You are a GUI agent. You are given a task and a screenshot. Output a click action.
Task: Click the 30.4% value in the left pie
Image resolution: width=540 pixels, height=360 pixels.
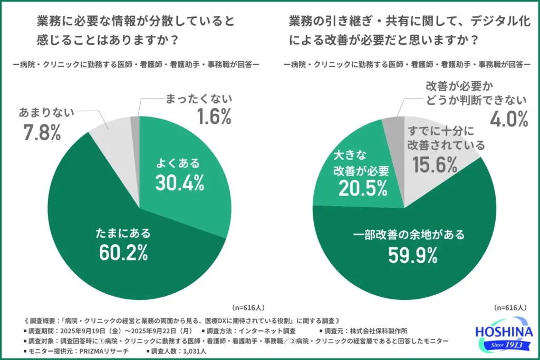point(179,182)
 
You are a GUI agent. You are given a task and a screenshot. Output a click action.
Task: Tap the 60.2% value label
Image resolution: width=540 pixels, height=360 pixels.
point(122,253)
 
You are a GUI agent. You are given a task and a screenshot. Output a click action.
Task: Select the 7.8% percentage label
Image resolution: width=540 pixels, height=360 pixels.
point(42,133)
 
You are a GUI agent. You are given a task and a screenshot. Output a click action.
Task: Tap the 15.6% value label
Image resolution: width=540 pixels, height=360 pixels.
point(435,166)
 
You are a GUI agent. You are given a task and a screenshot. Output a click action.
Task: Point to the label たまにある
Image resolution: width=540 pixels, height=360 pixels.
point(122,232)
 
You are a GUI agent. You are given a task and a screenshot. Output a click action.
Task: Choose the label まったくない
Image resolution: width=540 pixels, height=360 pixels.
point(199,99)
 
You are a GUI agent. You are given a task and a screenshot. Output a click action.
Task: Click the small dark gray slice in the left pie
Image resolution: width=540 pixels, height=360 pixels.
point(135,124)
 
